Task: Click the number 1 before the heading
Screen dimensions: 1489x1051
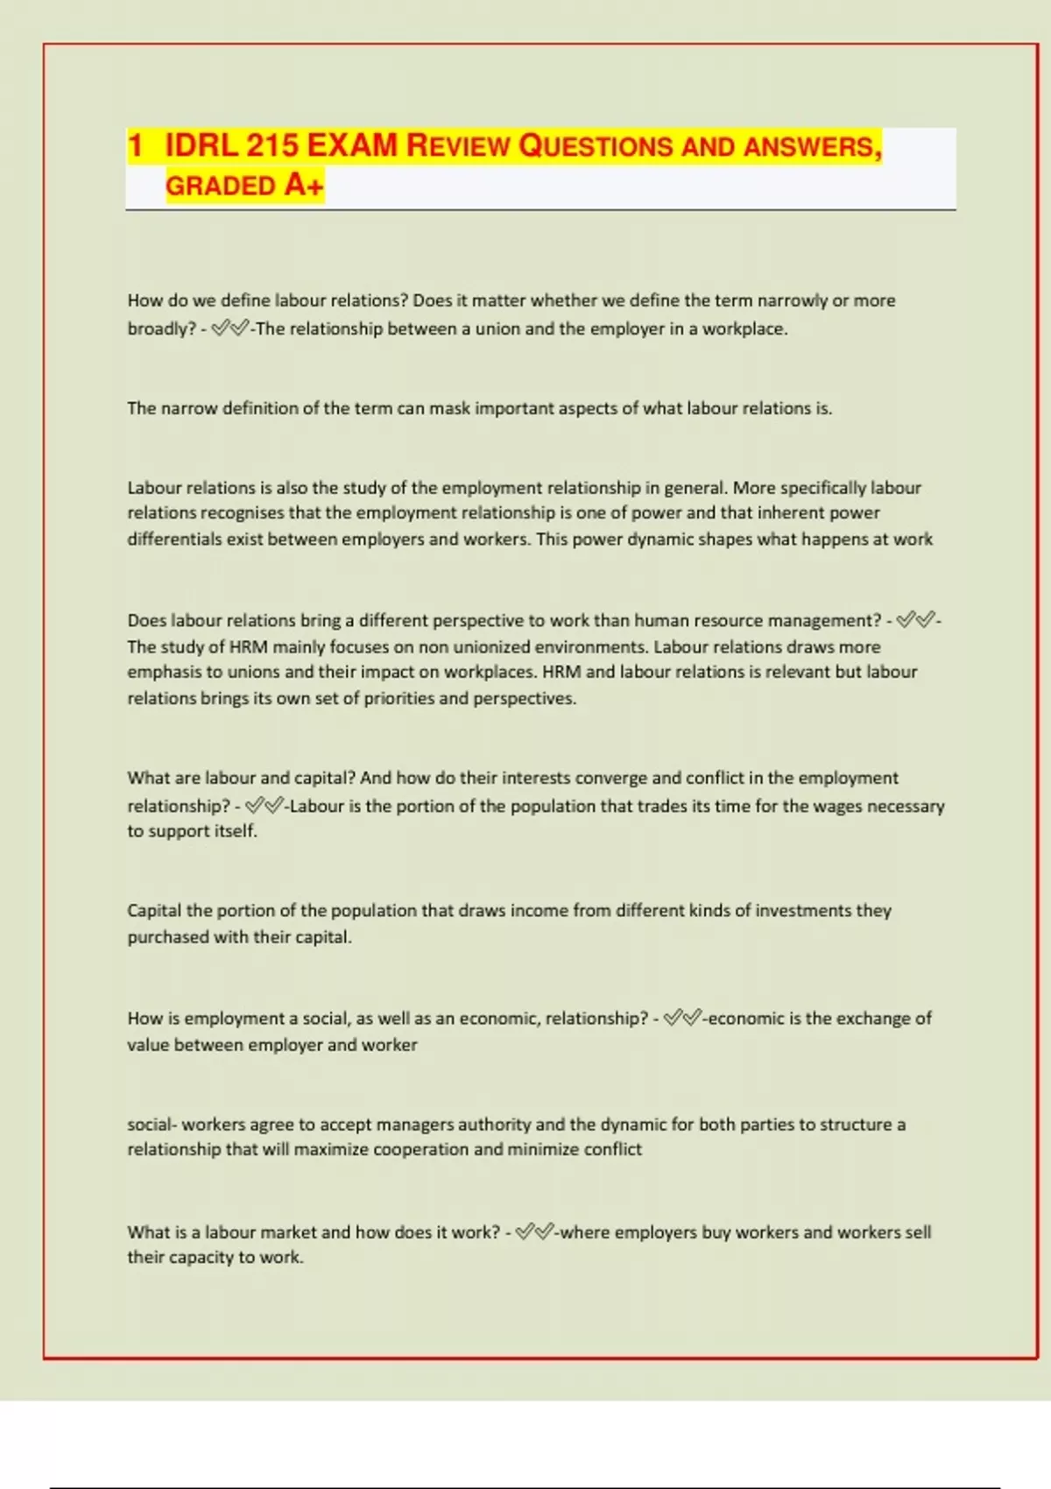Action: [x=135, y=145]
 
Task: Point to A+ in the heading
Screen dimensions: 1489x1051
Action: [x=304, y=186]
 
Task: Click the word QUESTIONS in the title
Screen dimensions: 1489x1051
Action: [x=595, y=145]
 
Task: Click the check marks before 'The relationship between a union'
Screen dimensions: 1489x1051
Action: [x=230, y=328]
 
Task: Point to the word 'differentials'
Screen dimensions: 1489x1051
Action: [x=174, y=539]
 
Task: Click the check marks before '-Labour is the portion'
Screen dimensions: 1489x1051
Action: [x=265, y=806]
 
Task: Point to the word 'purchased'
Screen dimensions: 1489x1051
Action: [x=166, y=937]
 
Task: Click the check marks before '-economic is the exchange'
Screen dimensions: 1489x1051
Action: [x=683, y=1018]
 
